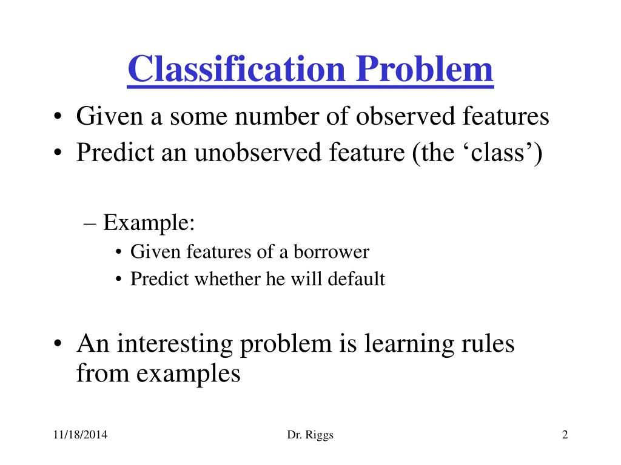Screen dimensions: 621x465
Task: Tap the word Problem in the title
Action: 424,69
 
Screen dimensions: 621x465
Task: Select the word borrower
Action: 331,251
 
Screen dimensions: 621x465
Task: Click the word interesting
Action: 174,344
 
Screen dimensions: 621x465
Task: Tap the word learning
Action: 409,344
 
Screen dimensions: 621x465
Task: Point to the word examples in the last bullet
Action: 188,374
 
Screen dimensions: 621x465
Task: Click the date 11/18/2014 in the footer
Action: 81,435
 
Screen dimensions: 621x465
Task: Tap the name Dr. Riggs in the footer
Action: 310,435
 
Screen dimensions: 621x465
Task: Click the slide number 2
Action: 565,435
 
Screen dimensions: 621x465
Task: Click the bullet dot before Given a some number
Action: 58,117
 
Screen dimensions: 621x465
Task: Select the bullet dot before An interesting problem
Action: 58,344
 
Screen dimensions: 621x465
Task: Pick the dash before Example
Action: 90,224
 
